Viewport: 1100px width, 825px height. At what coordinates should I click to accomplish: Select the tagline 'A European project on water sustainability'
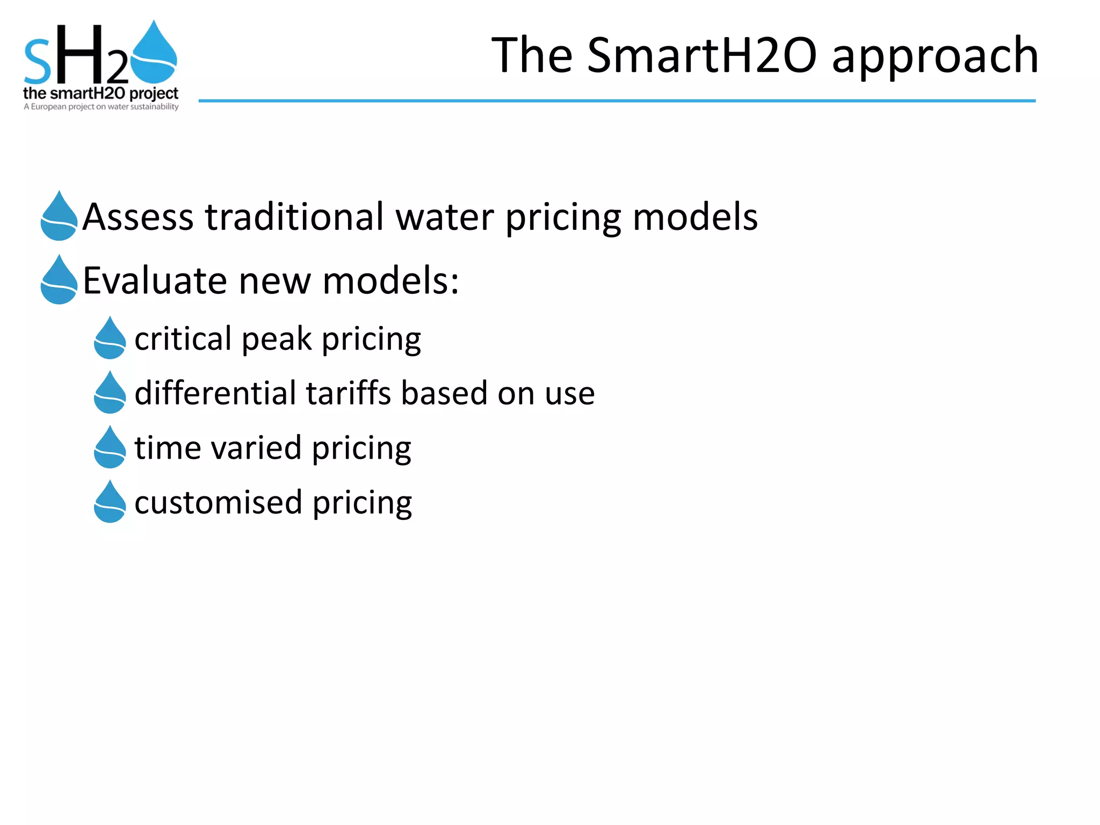coord(101,107)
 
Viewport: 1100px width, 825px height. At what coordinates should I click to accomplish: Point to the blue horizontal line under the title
coord(617,100)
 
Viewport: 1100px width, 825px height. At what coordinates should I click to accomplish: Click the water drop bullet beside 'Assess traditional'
coord(59,216)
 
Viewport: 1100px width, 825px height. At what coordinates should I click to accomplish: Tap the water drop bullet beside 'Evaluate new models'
coord(59,280)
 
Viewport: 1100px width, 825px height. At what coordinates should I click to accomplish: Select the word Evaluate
coord(155,280)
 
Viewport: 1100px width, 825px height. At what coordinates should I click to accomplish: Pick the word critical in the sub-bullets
coord(183,339)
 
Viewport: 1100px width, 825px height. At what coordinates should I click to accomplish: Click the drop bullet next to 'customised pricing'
coord(110,502)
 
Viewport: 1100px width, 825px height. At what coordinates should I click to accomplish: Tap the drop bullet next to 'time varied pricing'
coord(110,447)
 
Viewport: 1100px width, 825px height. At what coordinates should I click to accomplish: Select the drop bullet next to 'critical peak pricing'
coord(110,338)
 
